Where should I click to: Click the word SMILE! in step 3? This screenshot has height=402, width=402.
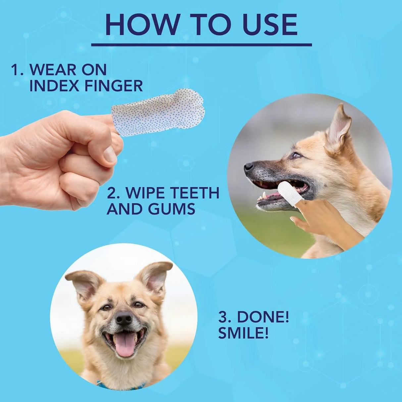[243, 333]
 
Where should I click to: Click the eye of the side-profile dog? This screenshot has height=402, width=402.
[296, 155]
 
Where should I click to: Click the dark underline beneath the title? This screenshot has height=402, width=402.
[201, 44]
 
